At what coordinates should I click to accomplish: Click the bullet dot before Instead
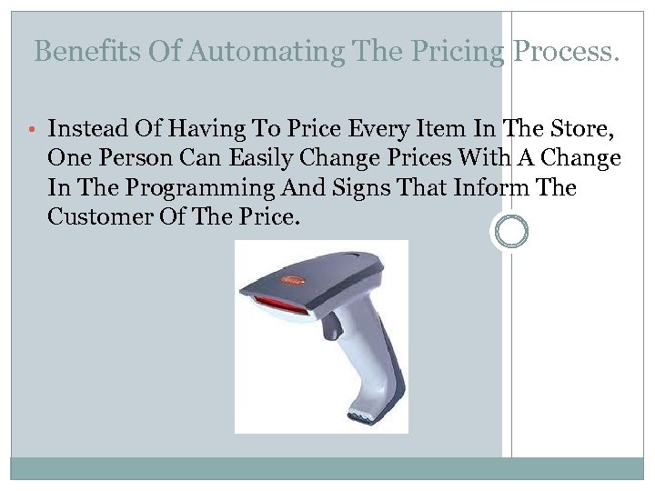click(x=34, y=129)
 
